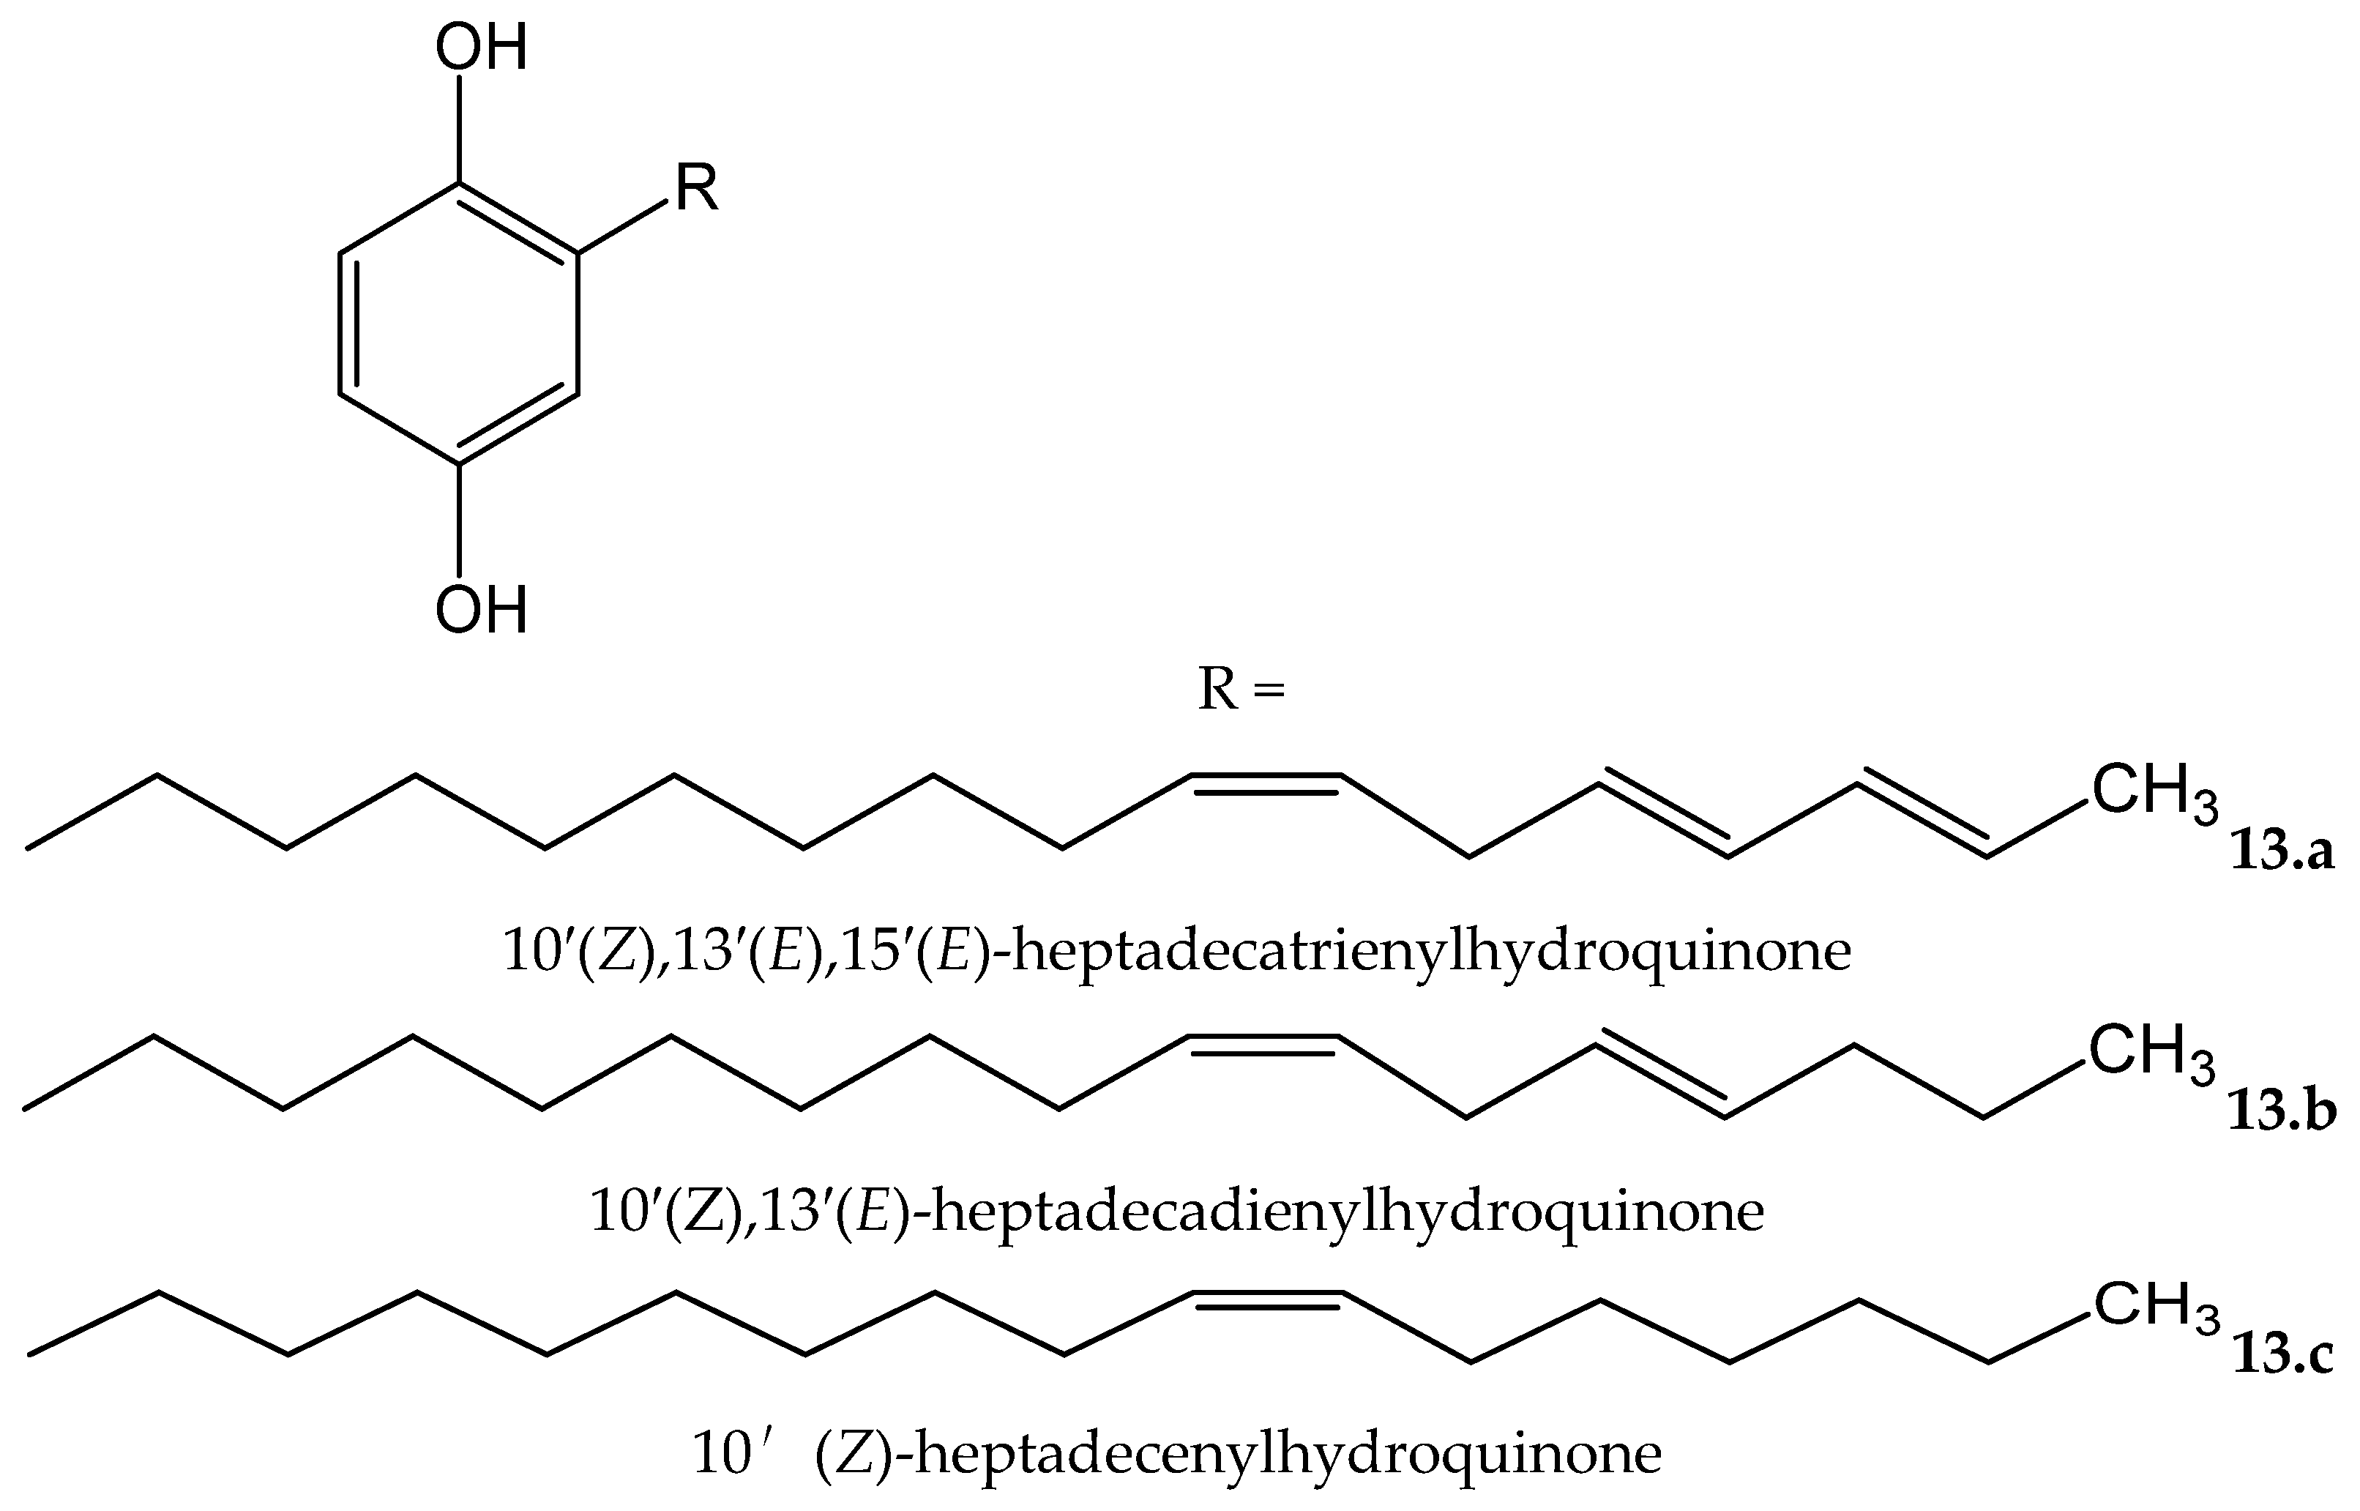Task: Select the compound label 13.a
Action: (x=2282, y=851)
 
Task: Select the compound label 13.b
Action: (x=2282, y=1113)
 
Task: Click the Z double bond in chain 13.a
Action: (x=1266, y=781)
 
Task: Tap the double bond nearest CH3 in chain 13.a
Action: (x=1922, y=820)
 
